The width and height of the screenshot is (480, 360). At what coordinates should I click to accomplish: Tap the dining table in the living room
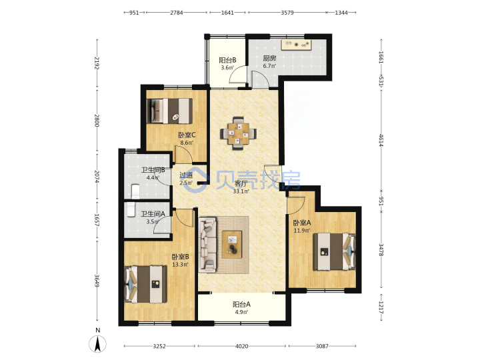pos(238,133)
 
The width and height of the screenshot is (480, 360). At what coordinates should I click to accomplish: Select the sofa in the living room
pos(207,245)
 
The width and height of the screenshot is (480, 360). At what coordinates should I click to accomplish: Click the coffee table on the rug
pos(232,244)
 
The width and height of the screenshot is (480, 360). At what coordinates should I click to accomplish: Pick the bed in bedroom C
pos(169,111)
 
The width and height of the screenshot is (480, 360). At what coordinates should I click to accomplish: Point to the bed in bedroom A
pos(334,251)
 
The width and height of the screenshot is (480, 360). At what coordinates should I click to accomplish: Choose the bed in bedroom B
pos(146,284)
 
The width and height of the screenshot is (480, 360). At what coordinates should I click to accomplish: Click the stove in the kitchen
pos(296,45)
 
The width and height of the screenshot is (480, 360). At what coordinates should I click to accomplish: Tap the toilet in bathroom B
pos(135,191)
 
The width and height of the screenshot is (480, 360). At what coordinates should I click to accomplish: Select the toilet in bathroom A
pos(131,209)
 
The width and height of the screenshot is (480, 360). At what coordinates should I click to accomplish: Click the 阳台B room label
pos(227,60)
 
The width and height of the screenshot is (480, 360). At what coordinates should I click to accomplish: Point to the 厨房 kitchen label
pos(269,58)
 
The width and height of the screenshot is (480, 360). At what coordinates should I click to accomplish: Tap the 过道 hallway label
pos(186,175)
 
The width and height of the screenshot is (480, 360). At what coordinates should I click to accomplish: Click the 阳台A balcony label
pos(241,304)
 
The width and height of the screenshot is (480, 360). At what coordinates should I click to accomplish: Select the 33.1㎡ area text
pos(241,191)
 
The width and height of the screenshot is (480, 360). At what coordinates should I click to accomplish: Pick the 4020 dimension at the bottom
pos(241,346)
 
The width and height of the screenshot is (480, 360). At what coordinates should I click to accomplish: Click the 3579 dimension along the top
pos(287,13)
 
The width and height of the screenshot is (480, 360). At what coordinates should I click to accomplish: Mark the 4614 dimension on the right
pos(381,140)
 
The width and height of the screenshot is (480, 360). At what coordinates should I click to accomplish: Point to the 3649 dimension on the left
pos(97,281)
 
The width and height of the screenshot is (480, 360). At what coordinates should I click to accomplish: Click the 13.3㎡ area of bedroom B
pos(180,265)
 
